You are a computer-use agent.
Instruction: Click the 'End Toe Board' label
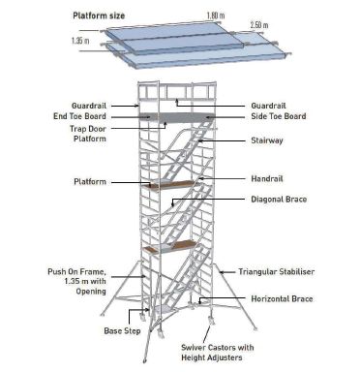(x=95, y=115)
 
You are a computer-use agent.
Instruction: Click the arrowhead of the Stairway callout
(x=200, y=140)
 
